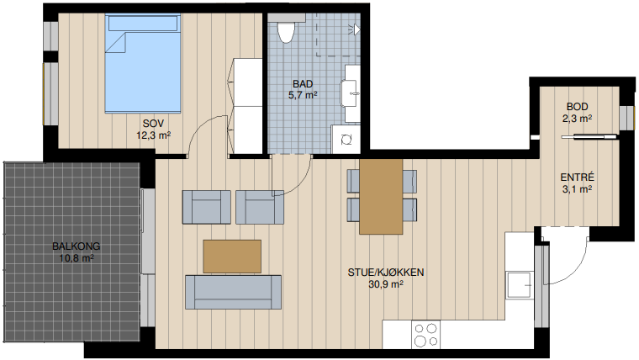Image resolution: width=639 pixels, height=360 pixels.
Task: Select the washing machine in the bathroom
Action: coord(346,139)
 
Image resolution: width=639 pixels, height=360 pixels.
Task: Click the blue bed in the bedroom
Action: coord(143,64)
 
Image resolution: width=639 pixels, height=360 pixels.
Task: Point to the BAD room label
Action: coord(303,84)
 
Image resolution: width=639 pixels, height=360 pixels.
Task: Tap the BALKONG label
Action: coord(77,246)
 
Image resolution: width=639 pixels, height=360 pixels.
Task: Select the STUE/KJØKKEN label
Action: coord(386,273)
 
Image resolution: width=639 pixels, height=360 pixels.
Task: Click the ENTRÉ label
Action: coord(577,177)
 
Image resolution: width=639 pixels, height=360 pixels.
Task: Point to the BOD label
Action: coord(577,107)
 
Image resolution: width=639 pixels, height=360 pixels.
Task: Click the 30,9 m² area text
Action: coord(386,284)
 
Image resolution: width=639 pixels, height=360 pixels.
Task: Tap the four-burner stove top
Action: coord(426,334)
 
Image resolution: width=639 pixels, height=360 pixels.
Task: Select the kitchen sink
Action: coord(520,285)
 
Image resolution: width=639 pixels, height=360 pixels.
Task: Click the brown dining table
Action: coord(381,197)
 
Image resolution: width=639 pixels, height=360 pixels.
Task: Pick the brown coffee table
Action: coord(232,257)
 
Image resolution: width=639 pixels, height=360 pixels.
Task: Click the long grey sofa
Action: coord(233,292)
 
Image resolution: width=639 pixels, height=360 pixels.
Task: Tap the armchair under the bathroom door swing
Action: coord(260,207)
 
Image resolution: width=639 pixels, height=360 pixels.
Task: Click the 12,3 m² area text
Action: coord(153,135)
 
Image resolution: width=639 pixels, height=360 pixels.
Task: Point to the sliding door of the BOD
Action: coord(589,137)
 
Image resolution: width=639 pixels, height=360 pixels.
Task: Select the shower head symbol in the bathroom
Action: coord(354,29)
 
